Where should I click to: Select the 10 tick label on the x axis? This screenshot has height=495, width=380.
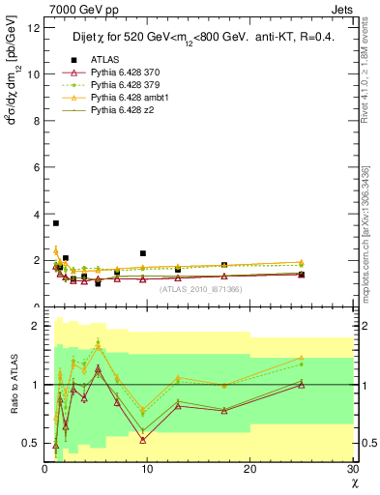(x=146, y=469)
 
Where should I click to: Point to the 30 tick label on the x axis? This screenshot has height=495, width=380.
(x=351, y=469)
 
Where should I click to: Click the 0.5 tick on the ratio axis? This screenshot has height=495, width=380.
(x=31, y=443)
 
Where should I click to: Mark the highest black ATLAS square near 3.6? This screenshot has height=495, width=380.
(x=55, y=223)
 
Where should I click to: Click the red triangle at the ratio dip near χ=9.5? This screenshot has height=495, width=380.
(x=142, y=440)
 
